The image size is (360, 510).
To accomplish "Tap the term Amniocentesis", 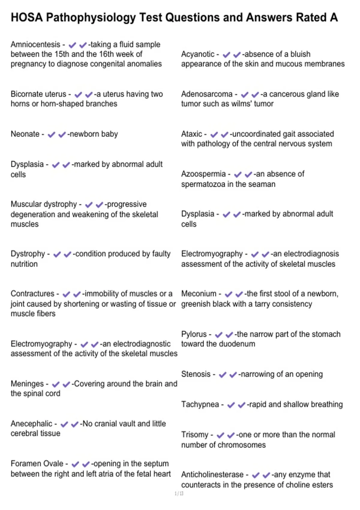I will [35, 44].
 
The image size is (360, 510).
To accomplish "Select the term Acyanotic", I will [198, 54].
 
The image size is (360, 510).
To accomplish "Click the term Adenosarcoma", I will [207, 94].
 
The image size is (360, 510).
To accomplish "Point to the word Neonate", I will [25, 134].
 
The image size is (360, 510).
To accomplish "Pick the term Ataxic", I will [191, 134].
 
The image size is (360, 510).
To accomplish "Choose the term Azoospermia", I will [203, 174].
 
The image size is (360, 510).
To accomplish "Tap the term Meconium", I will [199, 294].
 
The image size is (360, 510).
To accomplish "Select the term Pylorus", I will [194, 334].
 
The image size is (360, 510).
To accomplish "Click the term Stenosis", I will [196, 374].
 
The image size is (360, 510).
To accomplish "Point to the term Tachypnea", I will [200, 404].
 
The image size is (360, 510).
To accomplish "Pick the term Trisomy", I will [194, 435].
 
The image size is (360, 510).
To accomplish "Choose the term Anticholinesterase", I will [212, 475].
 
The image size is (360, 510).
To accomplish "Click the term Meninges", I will [27, 384].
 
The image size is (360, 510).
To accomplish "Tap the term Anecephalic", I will [31, 424].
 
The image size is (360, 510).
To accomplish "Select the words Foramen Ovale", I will [37, 464].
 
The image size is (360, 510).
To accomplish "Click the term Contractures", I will [32, 294].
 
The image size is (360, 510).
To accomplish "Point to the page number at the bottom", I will [179, 493].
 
